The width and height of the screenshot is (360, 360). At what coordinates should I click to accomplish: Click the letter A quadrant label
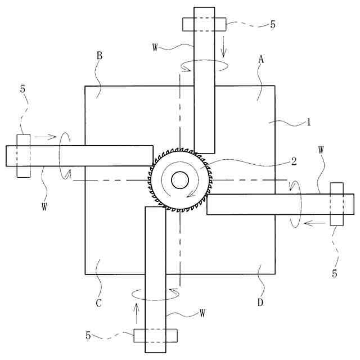click(261, 58)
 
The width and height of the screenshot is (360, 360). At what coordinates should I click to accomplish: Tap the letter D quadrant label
click(260, 303)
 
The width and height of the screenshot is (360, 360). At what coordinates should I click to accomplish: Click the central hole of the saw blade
click(180, 180)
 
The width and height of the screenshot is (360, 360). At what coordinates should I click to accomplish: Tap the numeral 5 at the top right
click(273, 25)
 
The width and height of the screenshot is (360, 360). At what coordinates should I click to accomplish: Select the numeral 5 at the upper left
click(23, 89)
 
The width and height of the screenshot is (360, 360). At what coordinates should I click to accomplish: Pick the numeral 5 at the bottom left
click(88, 336)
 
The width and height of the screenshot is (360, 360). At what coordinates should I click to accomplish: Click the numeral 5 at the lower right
click(335, 274)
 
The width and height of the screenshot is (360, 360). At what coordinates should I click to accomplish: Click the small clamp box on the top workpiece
click(204, 24)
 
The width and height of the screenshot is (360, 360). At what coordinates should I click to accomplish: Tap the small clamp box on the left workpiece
click(23, 156)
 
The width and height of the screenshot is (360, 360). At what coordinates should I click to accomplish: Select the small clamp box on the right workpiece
click(336, 204)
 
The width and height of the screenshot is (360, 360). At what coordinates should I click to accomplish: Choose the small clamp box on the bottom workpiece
click(155, 335)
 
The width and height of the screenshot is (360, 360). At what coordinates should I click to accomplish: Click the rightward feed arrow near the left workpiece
click(45, 136)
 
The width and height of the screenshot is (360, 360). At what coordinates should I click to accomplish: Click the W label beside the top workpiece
click(155, 46)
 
